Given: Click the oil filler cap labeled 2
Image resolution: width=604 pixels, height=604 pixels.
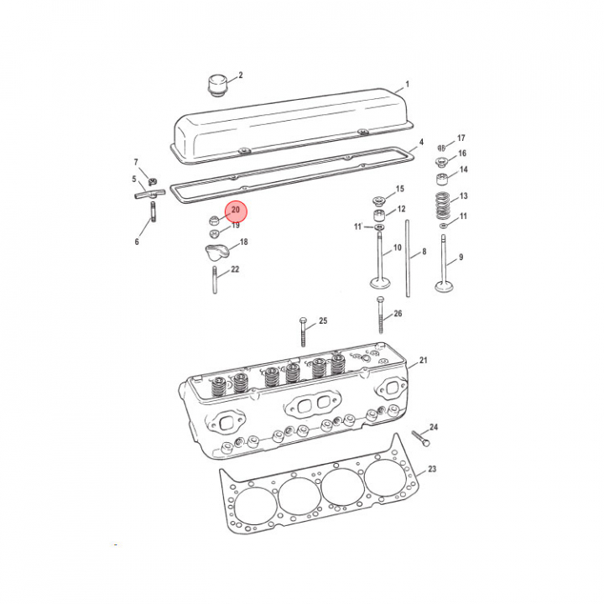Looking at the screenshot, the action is [218, 86].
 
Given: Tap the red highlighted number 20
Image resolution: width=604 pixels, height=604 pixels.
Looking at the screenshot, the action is [236, 210].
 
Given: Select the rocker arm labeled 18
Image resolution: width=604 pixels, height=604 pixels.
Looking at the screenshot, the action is [217, 253].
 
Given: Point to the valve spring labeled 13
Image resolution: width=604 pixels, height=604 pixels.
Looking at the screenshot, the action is [443, 206].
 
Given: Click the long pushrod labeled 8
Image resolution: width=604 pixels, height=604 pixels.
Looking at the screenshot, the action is [408, 258].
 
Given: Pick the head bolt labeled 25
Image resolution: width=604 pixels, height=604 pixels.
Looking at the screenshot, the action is [303, 331].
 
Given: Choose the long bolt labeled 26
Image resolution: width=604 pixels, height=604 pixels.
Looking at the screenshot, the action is [381, 315].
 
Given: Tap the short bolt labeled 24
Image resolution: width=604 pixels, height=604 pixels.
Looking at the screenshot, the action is [420, 439].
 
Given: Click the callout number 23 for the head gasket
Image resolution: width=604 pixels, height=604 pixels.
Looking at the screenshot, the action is [432, 469].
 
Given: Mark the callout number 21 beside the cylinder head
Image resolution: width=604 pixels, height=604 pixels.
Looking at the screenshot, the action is [424, 360].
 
